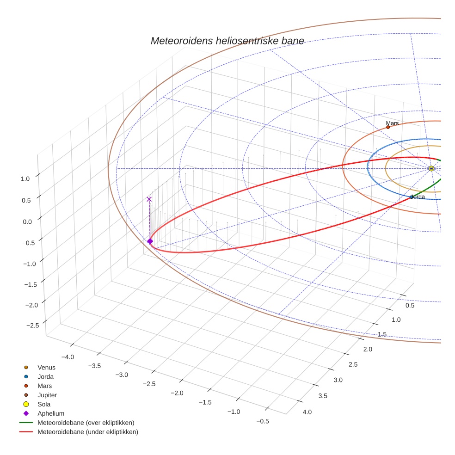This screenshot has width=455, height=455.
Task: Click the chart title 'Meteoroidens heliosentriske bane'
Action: point(227,41)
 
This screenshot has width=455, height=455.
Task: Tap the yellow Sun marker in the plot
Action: point(431,168)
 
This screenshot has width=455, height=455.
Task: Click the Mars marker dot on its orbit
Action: point(388,127)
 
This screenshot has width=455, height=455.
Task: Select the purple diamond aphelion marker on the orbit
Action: point(150,241)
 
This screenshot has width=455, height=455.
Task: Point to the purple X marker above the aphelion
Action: point(149,199)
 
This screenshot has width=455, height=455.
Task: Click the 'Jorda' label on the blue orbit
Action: point(418,197)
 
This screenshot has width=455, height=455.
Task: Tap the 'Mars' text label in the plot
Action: point(392,123)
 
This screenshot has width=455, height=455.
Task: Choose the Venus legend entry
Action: point(46,368)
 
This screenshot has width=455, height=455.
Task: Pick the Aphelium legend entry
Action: point(50,413)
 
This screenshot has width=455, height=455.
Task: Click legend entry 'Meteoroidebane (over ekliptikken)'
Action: point(86,423)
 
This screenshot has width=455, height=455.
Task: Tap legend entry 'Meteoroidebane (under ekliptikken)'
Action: point(87,432)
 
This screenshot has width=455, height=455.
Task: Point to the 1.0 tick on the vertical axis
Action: point(26,178)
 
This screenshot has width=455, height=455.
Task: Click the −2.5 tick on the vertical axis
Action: point(32,326)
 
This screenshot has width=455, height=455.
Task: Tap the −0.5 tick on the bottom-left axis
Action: point(262,421)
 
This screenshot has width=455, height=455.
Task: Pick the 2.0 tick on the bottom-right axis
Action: point(368,349)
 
